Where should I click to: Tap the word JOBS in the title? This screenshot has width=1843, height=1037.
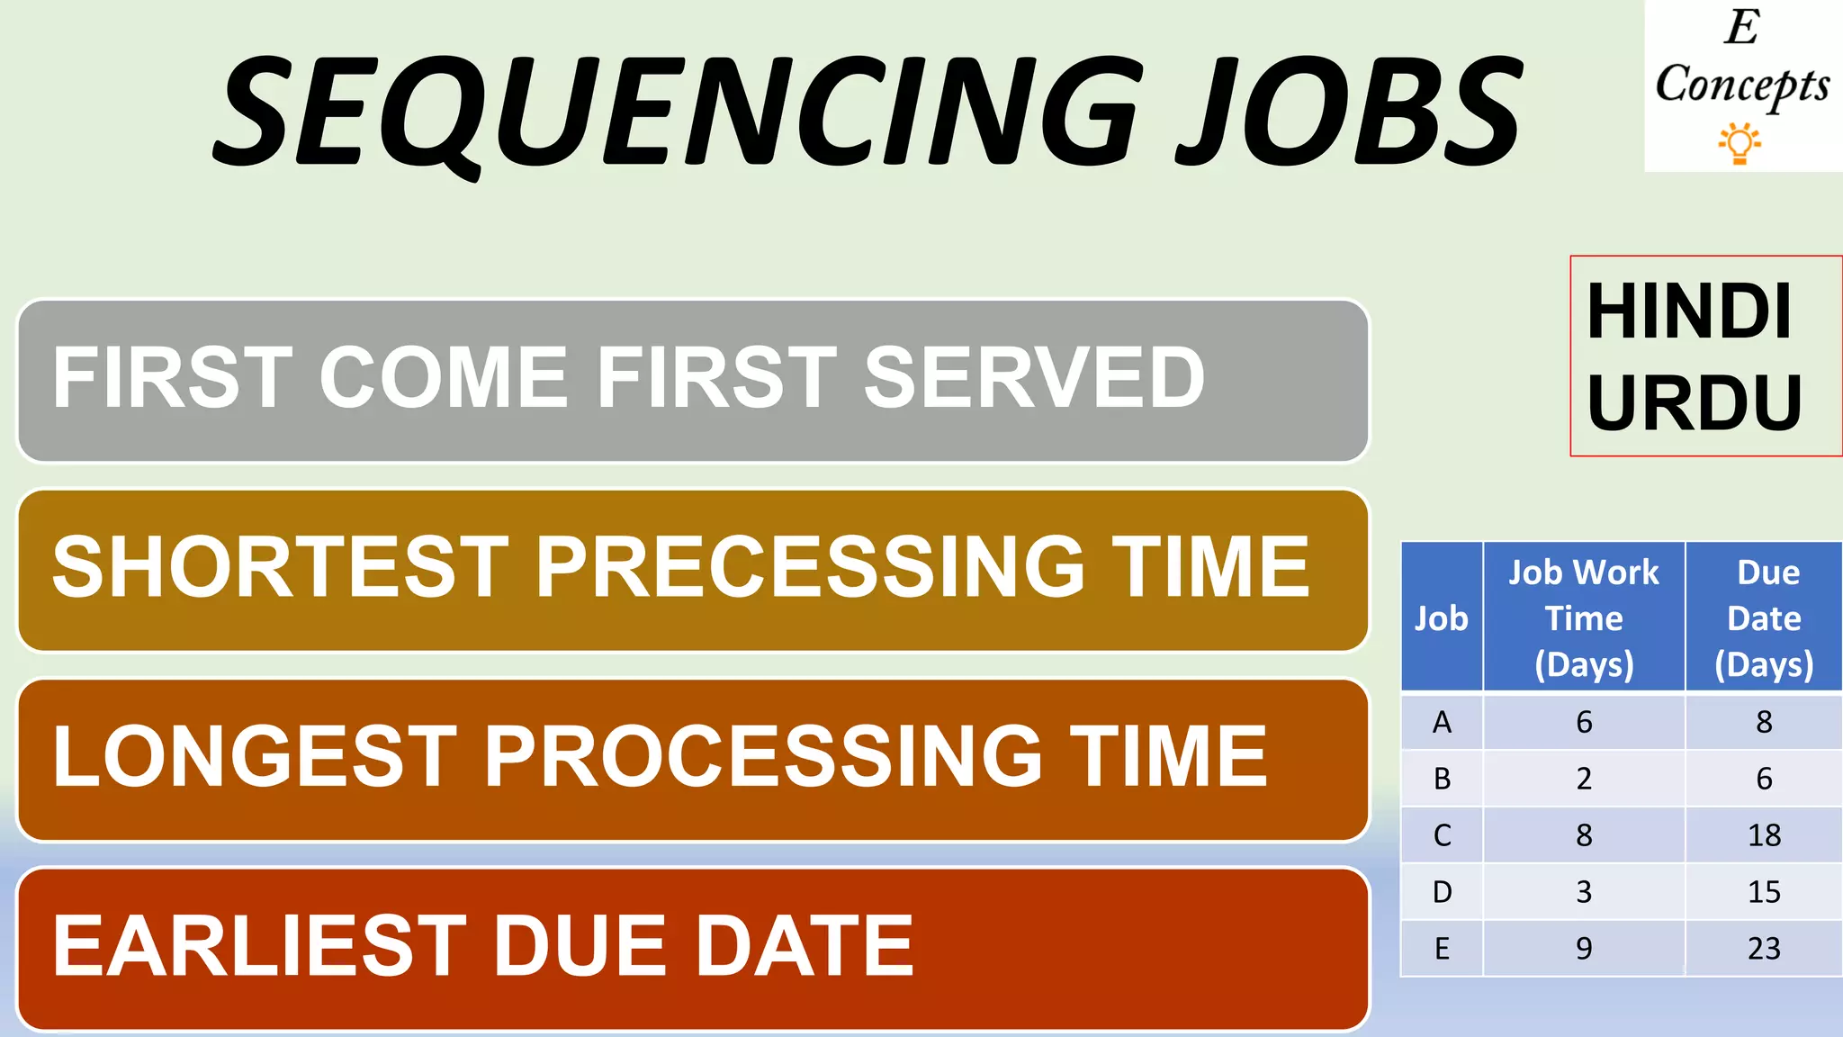coord(1350,113)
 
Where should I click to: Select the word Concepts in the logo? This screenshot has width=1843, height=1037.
coord(1742,86)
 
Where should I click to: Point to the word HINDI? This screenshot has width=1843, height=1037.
coord(1689,311)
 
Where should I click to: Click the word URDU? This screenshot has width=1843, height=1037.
coord(1695,402)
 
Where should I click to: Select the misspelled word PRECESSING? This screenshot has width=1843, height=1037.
coord(810,567)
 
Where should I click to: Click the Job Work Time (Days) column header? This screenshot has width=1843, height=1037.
coord(1584,618)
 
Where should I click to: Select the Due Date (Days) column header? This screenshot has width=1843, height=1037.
coord(1764,618)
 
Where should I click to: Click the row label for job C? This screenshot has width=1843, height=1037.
coord(1442,835)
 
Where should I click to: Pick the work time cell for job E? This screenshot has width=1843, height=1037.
coord(1584,949)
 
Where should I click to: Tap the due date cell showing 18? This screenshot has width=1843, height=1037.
coord(1764,835)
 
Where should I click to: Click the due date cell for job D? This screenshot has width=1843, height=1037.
coord(1764,892)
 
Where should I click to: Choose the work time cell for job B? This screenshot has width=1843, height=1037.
coord(1584,779)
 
